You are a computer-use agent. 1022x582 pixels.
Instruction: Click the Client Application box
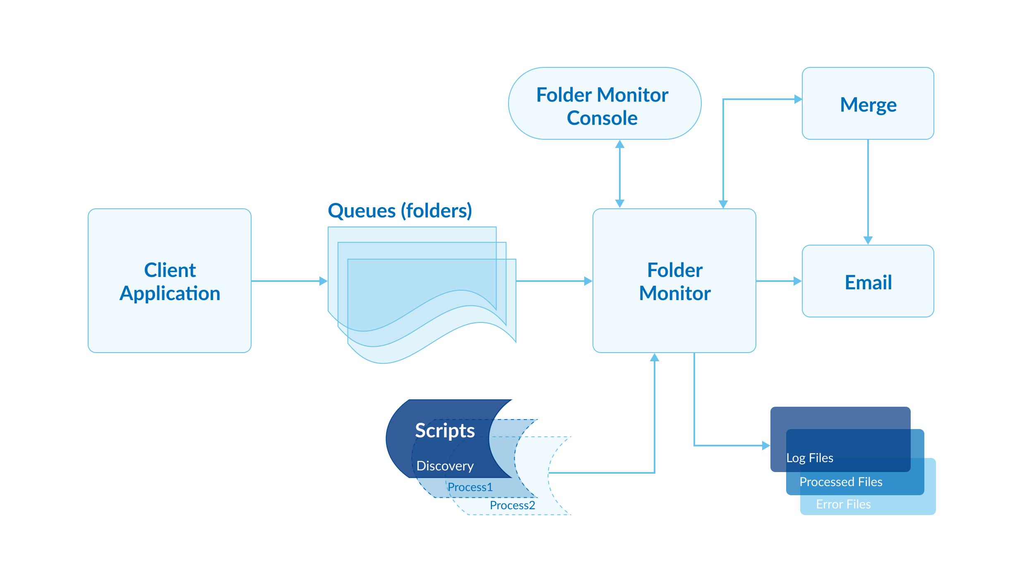tap(170, 281)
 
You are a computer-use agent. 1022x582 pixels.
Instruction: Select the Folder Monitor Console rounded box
tap(604, 104)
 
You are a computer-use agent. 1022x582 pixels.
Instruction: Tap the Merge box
tap(868, 104)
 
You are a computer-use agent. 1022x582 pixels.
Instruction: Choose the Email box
tap(868, 282)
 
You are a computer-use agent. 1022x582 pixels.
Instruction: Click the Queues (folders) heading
tap(400, 211)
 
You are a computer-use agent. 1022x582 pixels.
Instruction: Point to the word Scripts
tap(445, 431)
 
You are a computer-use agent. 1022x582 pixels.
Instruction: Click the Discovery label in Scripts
tap(445, 466)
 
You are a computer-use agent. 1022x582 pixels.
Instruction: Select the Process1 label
tap(470, 487)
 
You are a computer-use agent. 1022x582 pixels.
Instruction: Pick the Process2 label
tap(512, 505)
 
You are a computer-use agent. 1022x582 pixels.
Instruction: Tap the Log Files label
tap(810, 458)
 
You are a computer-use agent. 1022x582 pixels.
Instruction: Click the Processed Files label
tap(841, 482)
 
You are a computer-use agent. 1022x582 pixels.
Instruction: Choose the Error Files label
tap(843, 504)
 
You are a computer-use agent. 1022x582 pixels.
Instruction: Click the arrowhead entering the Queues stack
tap(324, 281)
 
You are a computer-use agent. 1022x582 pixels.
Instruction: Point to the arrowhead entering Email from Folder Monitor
tap(798, 281)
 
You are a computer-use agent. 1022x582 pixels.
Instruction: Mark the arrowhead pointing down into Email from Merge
tap(868, 240)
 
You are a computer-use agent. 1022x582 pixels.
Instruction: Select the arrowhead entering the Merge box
tap(798, 99)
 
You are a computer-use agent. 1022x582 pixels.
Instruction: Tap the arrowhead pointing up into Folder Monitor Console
tap(620, 144)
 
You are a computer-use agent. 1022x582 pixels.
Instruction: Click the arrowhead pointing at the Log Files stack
tap(766, 446)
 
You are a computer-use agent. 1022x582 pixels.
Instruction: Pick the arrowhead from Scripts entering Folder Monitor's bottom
tap(655, 358)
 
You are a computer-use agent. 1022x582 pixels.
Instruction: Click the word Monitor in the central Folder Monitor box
tap(674, 293)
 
